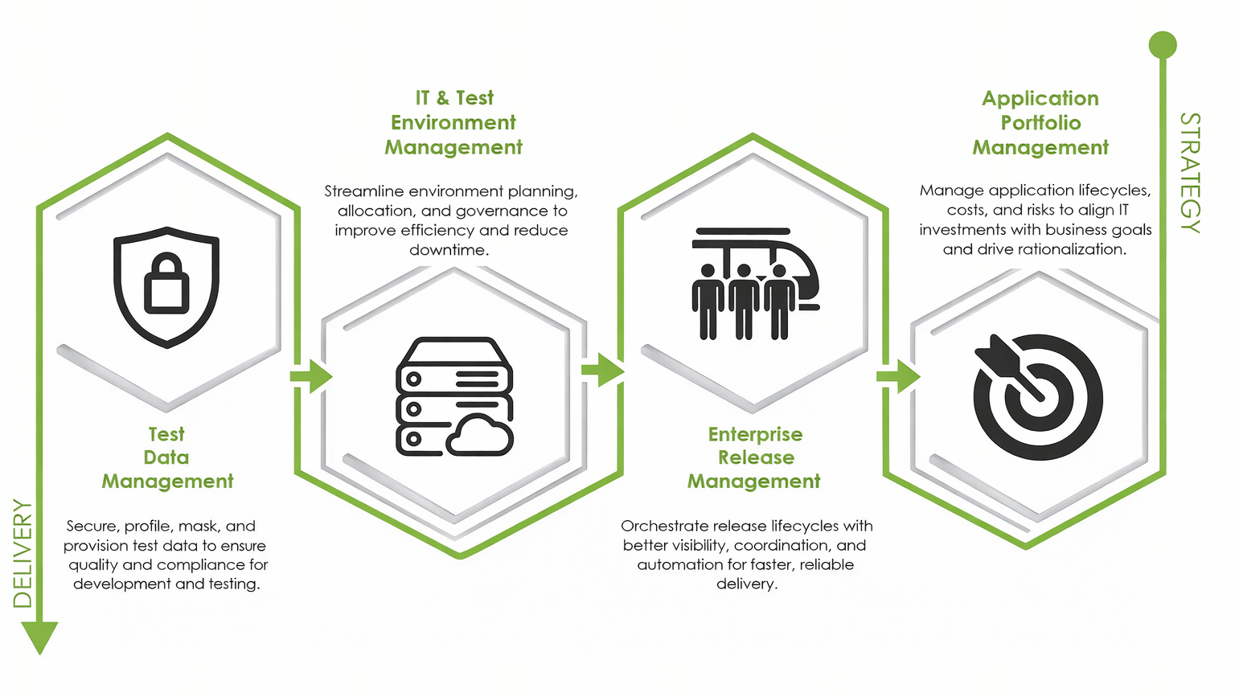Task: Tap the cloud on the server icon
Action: [x=480, y=437]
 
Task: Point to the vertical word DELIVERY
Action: [x=23, y=554]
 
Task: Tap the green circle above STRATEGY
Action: [x=1163, y=45]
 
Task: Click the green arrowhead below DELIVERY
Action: [x=39, y=637]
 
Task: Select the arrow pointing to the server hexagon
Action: [x=312, y=376]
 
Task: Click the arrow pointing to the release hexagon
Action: [x=603, y=371]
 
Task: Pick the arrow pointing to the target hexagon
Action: [x=899, y=376]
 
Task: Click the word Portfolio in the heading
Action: [x=1040, y=123]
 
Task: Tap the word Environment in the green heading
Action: [x=453, y=123]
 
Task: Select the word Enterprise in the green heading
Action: [x=755, y=435]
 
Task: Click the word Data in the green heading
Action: [x=166, y=457]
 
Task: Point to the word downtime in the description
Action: [x=448, y=250]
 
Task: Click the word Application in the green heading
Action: [x=1040, y=99]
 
